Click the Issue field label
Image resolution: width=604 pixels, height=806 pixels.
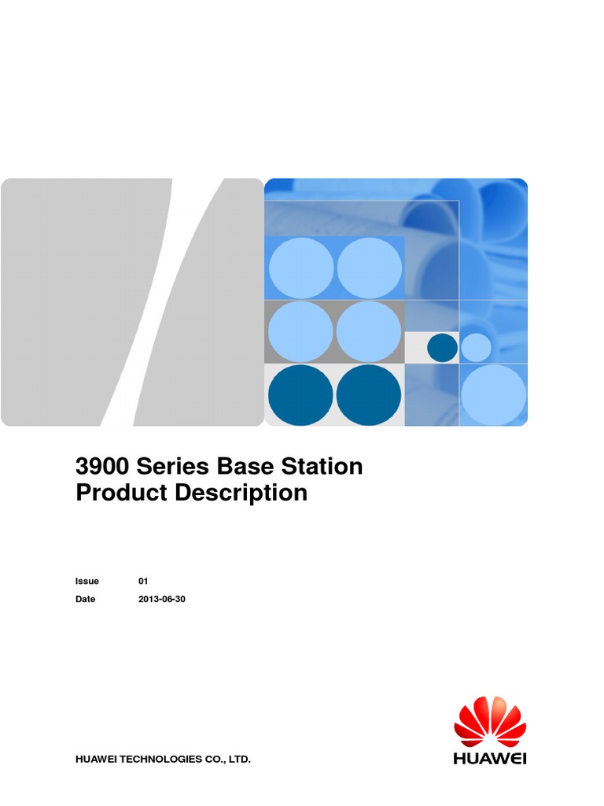(87, 582)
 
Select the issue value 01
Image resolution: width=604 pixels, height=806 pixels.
(143, 582)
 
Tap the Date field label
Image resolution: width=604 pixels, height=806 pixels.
(85, 600)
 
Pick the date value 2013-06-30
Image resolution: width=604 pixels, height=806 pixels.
(162, 600)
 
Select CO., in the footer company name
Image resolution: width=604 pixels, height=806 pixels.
(213, 760)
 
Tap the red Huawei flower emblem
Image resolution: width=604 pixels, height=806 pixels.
(490, 722)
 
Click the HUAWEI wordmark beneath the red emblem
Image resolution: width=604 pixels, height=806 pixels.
(490, 759)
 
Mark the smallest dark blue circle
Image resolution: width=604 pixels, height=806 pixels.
(442, 348)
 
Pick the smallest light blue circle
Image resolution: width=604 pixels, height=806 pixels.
(476, 348)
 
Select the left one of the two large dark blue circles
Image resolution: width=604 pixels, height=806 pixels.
(300, 395)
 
